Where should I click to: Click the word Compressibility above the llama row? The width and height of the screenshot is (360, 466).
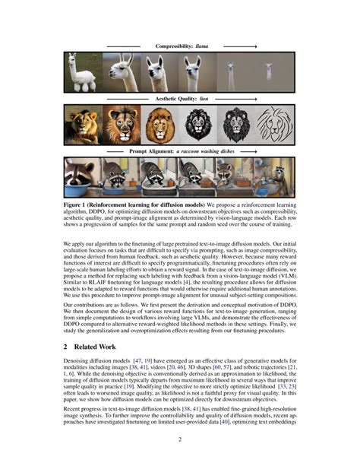174,46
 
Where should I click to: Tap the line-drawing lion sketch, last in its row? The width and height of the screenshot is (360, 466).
276,124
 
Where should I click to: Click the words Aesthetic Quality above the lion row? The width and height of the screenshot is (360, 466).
172,99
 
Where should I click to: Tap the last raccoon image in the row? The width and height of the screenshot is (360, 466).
276,176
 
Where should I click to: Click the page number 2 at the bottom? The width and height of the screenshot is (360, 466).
180,439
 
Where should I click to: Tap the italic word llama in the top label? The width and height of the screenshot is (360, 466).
201,46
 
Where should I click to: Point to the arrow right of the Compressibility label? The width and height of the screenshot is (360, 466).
235,46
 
